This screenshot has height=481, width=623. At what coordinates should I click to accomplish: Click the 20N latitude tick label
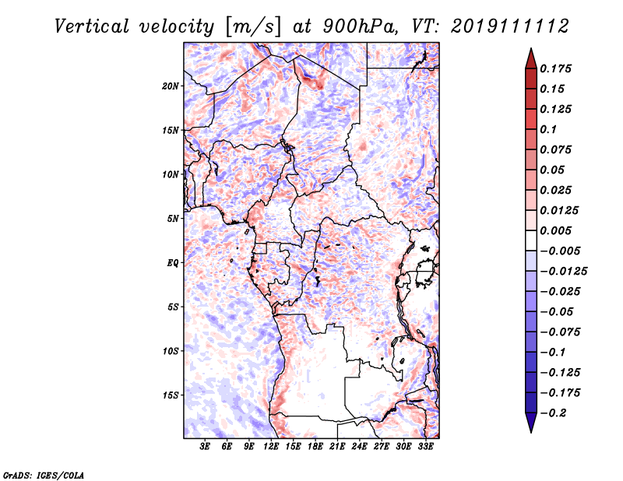[171, 86]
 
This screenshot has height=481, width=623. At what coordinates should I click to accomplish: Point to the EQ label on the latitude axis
[173, 263]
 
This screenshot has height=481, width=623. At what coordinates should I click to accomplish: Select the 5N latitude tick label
[173, 219]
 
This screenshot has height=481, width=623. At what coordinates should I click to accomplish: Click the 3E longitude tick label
[205, 446]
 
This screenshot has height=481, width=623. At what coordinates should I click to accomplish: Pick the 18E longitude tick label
[315, 446]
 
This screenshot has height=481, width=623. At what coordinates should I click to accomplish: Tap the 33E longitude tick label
[425, 446]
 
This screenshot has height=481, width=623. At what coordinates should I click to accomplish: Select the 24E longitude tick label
[359, 446]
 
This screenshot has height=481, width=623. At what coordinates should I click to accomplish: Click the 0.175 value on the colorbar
[555, 68]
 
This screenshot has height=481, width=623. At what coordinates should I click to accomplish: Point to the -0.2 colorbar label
[553, 413]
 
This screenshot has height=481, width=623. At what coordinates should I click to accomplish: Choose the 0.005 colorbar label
[555, 230]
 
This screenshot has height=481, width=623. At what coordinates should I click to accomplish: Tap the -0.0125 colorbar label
[563, 272]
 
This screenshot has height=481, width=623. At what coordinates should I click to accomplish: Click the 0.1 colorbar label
[548, 129]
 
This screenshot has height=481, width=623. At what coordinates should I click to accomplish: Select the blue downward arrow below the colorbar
[531, 422]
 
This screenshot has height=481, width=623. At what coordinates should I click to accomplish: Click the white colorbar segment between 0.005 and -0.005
[531, 240]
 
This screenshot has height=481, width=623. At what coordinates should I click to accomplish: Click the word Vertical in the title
[92, 26]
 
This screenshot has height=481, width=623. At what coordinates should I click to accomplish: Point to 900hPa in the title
[361, 26]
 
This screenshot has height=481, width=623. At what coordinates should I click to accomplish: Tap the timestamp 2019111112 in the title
[510, 26]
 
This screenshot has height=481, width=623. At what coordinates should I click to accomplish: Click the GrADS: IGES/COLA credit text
[43, 475]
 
